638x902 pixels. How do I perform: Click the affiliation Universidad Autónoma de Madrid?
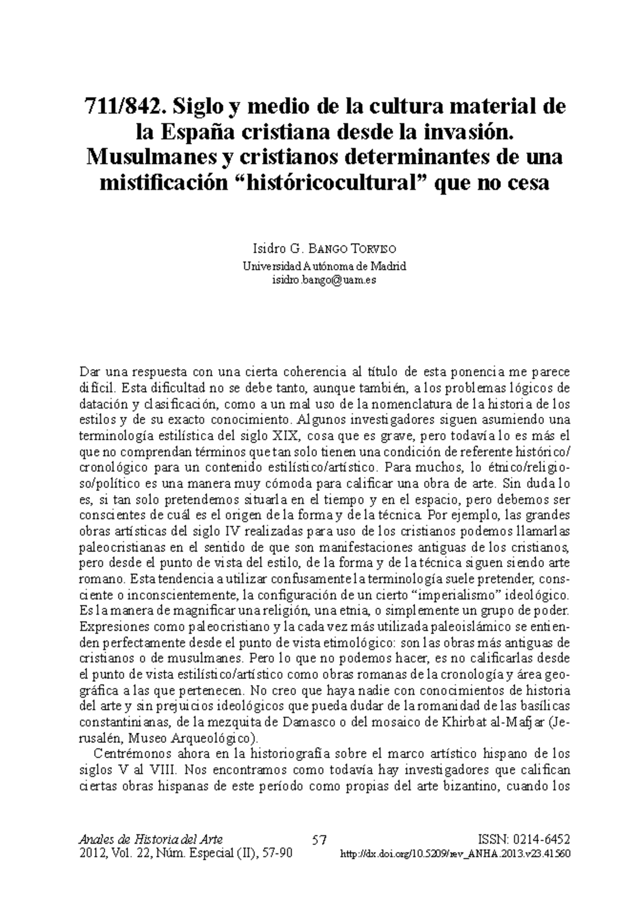[x=324, y=266]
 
